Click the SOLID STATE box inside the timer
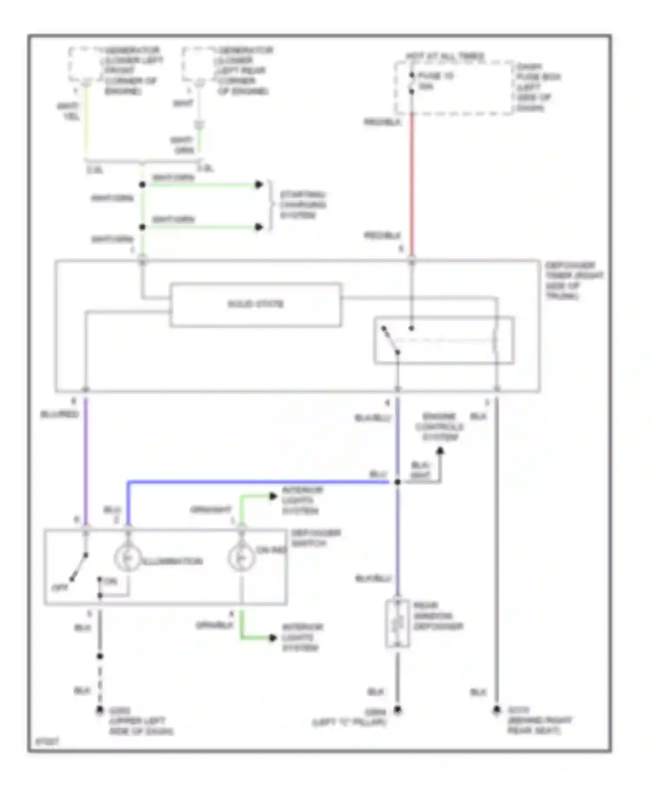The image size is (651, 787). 255,304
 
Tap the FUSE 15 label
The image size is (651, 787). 435,76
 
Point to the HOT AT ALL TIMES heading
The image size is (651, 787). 445,56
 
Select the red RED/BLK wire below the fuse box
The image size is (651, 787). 411,182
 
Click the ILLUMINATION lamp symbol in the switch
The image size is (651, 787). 128,557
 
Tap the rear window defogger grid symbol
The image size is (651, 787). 397,623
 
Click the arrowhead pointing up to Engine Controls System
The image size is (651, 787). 440,451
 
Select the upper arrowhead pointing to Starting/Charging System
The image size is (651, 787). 259,184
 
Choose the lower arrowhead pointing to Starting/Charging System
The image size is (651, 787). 259,227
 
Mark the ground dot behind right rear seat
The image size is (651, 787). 496,710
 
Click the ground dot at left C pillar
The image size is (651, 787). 397,710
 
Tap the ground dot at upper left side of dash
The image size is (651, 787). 100,710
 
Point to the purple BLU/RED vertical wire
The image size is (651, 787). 85,460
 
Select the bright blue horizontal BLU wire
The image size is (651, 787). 260,482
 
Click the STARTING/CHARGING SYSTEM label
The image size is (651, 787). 302,205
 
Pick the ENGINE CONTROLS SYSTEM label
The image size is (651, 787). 439,427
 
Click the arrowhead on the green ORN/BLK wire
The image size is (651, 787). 273,638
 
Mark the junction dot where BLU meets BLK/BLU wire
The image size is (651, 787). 397,482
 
